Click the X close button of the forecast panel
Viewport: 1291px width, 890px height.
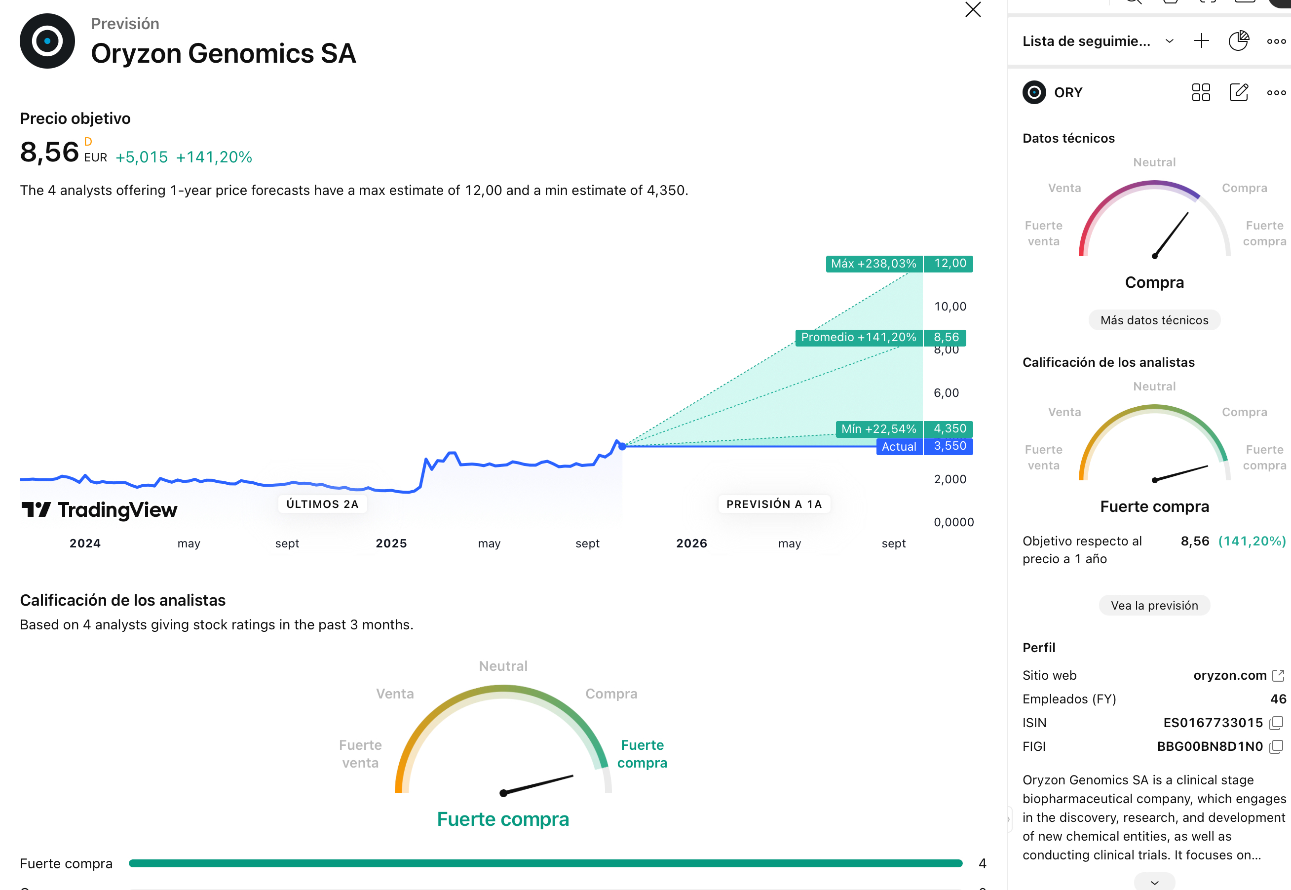[973, 9]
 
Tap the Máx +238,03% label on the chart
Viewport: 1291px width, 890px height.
[873, 264]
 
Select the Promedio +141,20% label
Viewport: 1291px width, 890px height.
[858, 337]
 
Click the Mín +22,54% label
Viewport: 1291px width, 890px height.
[878, 429]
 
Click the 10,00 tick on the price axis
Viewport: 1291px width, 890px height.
[950, 306]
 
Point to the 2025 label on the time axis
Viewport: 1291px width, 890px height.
[391, 543]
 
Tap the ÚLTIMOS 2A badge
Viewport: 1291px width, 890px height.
[322, 504]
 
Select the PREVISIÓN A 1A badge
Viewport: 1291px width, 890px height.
[774, 504]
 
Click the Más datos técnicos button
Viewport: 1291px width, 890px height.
[1154, 320]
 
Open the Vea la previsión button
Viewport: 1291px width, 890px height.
[1154, 606]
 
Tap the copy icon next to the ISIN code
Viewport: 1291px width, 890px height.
[1276, 723]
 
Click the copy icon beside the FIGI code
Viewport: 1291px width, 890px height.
[1276, 747]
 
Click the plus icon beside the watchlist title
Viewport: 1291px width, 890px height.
[1201, 40]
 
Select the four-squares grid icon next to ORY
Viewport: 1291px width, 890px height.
[1201, 93]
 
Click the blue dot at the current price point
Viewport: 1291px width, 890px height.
[623, 446]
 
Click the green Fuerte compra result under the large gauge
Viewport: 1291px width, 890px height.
[503, 819]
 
